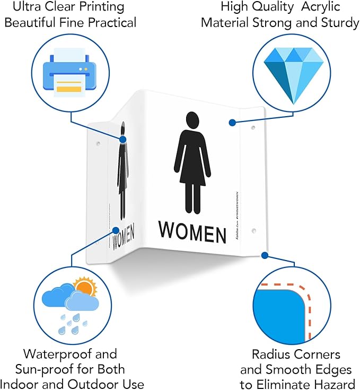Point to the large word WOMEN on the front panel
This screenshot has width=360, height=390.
click(x=192, y=232)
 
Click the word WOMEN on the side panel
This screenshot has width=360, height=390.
click(x=123, y=237)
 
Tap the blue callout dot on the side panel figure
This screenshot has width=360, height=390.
click(x=123, y=140)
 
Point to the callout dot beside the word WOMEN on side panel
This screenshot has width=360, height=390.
click(x=115, y=230)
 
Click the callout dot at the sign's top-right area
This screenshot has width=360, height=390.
click(x=232, y=123)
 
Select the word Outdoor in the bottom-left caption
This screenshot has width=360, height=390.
click(x=92, y=384)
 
